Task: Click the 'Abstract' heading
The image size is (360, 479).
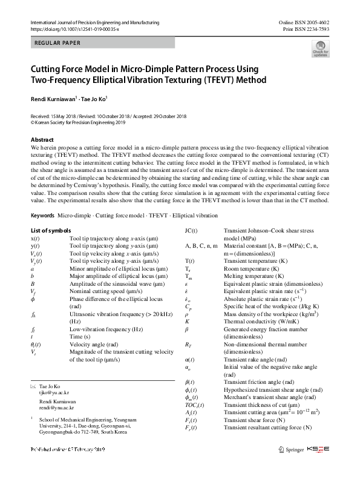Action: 42,140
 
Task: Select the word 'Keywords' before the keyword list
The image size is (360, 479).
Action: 42,215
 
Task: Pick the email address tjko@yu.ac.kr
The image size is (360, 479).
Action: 54,392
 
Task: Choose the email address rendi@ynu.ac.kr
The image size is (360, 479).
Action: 56,407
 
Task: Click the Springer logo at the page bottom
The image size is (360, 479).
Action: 290,449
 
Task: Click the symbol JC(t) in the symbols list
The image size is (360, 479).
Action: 194,231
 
